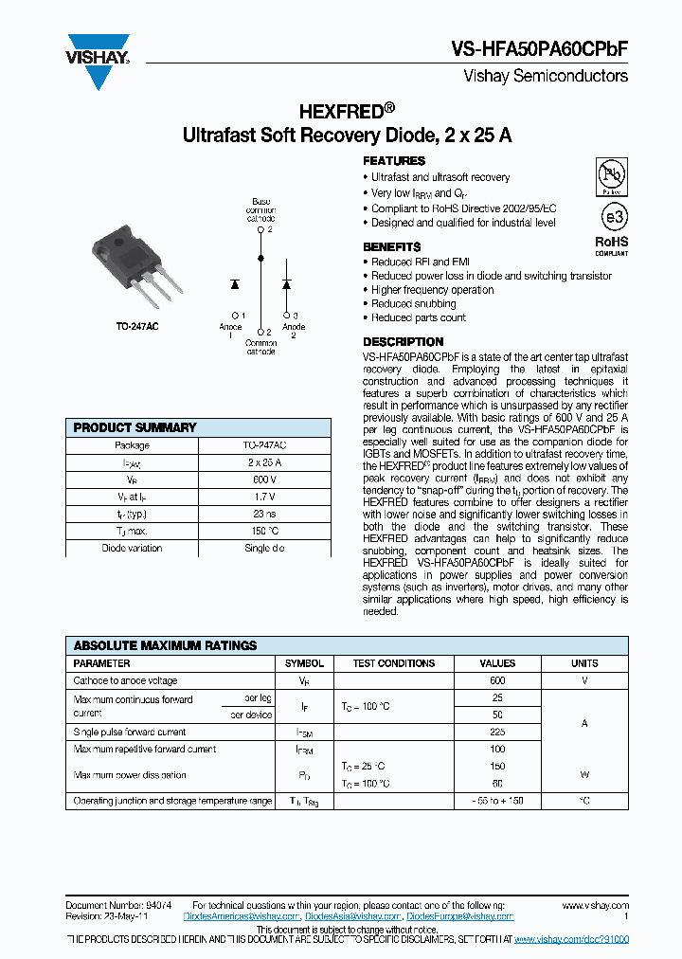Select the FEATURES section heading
click(x=394, y=161)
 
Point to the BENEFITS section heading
click(x=391, y=246)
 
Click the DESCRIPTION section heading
click(x=403, y=341)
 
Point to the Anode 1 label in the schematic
click(x=231, y=326)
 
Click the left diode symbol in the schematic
click(x=235, y=283)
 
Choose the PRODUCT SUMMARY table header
click(x=135, y=428)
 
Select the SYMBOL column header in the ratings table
click(x=304, y=663)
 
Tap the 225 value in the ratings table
click(x=497, y=732)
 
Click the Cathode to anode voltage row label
click(x=126, y=680)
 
